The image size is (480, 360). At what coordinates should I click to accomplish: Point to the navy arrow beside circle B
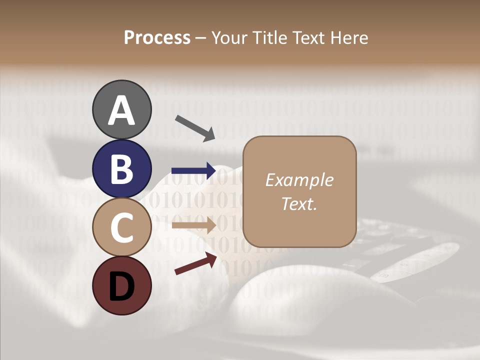[x=194, y=170]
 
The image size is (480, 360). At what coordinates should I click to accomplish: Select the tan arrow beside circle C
[x=194, y=225]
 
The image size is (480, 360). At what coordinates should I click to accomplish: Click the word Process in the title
[x=157, y=38]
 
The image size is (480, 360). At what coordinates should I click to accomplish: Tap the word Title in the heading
[x=269, y=38]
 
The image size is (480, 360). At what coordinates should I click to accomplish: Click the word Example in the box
[x=299, y=180]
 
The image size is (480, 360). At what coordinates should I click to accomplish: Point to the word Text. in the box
[x=299, y=203]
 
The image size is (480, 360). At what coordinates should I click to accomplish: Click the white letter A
[x=122, y=110]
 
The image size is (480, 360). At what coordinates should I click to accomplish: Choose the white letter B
[x=122, y=169]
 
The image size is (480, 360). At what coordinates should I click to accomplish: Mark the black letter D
[x=122, y=286]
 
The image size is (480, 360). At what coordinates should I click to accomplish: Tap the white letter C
[x=122, y=227]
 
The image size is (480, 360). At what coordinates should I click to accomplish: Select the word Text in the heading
[x=310, y=38]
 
